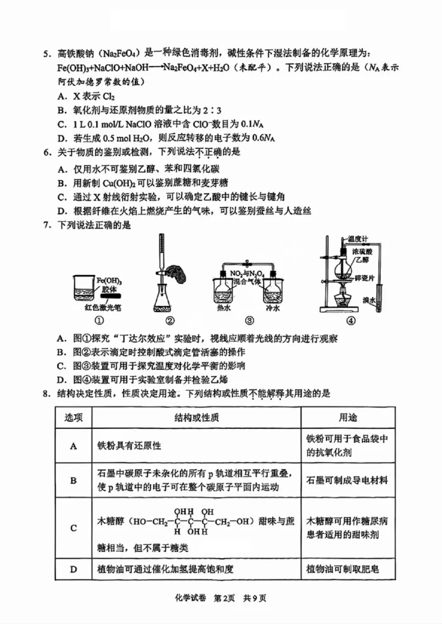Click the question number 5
coord(46,54)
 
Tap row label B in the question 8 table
coord(73,480)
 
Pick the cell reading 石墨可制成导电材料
coord(348,480)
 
